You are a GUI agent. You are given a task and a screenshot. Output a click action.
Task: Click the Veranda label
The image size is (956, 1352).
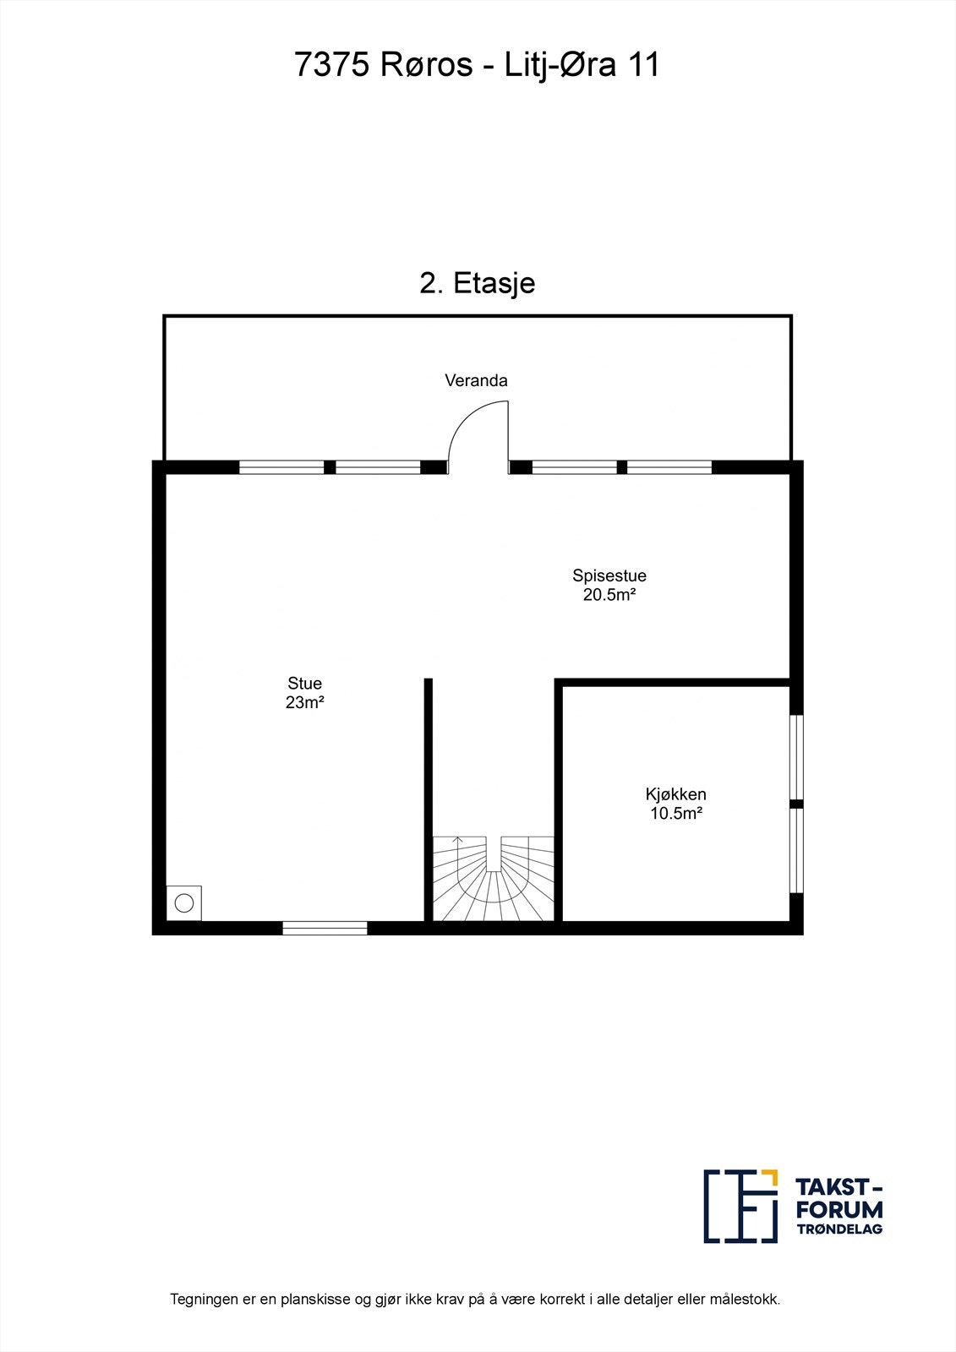pyautogui.click(x=476, y=380)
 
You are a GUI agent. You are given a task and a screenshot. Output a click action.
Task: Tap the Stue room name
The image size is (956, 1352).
pyautogui.click(x=304, y=684)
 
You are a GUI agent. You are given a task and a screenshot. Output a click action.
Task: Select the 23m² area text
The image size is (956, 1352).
pyautogui.click(x=304, y=702)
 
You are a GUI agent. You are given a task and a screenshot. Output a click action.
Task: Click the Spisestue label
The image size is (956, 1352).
pyautogui.click(x=609, y=575)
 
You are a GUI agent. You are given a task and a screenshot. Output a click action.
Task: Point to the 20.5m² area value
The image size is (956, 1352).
pyautogui.click(x=609, y=595)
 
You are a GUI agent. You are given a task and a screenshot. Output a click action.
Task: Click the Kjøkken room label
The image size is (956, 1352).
pyautogui.click(x=675, y=794)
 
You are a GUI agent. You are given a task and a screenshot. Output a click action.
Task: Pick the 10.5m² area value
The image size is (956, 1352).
pyautogui.click(x=675, y=814)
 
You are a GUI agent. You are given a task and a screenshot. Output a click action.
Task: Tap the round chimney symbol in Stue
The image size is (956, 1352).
pyautogui.click(x=183, y=903)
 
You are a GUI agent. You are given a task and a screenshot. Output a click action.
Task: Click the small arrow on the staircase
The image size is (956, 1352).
pyautogui.click(x=457, y=841)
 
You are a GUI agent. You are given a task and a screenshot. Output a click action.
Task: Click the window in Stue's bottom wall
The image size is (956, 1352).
pyautogui.click(x=325, y=928)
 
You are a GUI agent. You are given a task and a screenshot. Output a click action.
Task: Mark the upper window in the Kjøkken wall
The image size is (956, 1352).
pyautogui.click(x=796, y=757)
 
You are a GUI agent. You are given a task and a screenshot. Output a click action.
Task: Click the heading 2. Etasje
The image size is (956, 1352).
pyautogui.click(x=477, y=283)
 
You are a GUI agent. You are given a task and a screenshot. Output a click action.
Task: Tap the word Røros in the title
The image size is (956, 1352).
pyautogui.click(x=426, y=65)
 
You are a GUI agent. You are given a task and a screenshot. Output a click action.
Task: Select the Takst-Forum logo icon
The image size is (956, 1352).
pyautogui.click(x=740, y=1206)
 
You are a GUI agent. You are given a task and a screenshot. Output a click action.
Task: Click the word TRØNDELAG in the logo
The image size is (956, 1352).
pyautogui.click(x=839, y=1229)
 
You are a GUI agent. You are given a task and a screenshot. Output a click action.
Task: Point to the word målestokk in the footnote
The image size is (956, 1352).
pyautogui.click(x=746, y=1300)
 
